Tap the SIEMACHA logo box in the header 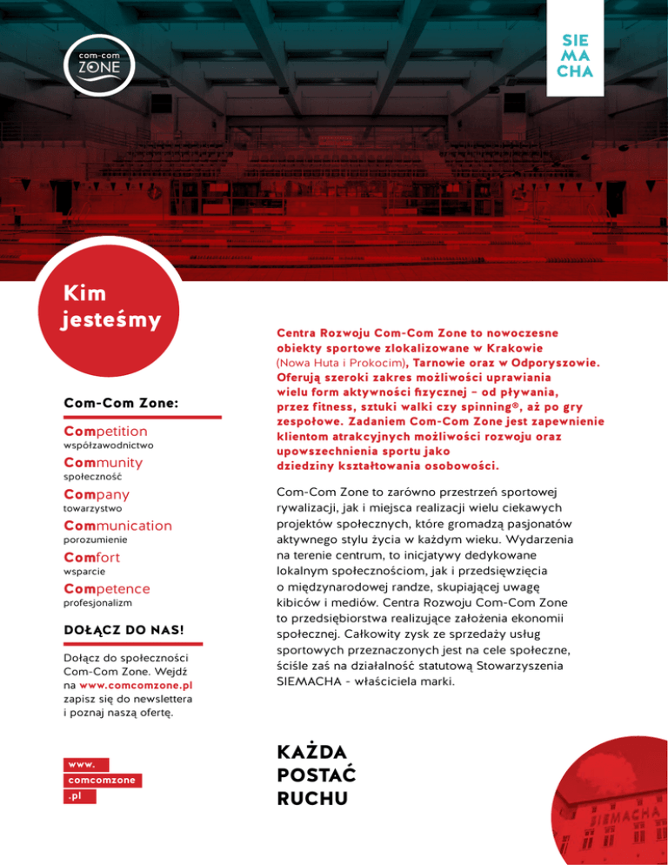point(571,54)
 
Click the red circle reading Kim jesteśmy point(109,309)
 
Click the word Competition point(106,432)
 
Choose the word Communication point(118,526)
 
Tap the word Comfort point(92,557)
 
